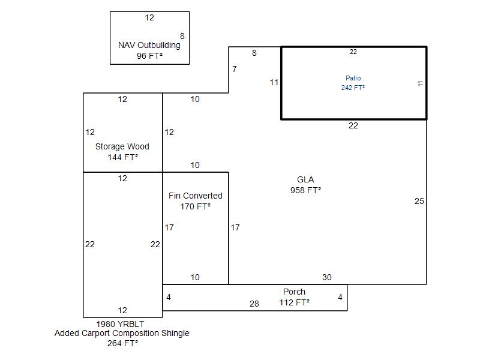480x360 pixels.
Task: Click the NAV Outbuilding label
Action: point(149,45)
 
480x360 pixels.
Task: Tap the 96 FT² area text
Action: point(149,56)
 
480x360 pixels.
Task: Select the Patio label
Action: point(353,78)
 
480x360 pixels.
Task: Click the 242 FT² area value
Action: point(353,88)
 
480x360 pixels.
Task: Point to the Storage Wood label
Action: point(122,146)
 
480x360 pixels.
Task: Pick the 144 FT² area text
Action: point(122,157)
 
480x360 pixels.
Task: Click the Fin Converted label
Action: point(196,196)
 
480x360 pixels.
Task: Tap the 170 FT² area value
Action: point(196,206)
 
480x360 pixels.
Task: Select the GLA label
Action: point(305,179)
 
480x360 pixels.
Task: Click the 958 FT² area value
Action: point(305,190)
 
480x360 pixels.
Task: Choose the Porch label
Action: point(294,292)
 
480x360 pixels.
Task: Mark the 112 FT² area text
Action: point(294,302)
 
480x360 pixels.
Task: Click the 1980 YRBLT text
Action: point(122,323)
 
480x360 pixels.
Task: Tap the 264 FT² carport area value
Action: point(122,344)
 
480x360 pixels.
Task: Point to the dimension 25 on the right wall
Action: point(419,201)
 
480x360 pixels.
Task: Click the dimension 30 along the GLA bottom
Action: point(326,277)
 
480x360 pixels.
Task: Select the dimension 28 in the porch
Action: point(254,304)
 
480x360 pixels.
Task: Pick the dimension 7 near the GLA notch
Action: point(235,69)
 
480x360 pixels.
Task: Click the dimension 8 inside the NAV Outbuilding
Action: point(182,36)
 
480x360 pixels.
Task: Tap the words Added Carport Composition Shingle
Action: point(122,333)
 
